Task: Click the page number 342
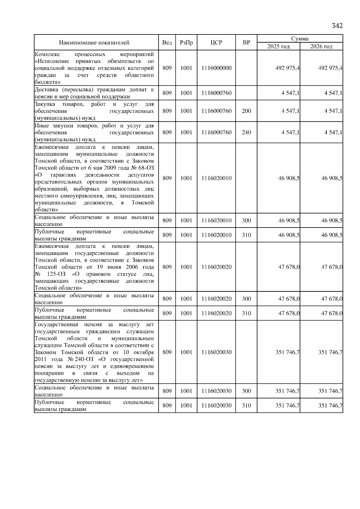coord(337,26)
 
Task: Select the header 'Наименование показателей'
coord(94,43)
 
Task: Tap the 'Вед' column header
coord(167,43)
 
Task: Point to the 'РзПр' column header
coord(186,43)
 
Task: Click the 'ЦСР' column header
coord(216,43)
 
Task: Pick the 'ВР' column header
coord(246,43)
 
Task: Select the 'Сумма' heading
coord(300,39)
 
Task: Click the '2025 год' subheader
coord(279,46)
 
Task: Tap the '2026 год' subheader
coord(321,46)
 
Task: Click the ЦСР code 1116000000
coord(216,68)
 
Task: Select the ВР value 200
coord(246,111)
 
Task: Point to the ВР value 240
coord(246,132)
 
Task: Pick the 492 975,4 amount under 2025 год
coord(287,68)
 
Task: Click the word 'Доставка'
coord(46,89)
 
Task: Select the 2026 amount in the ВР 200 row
coord(333,111)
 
